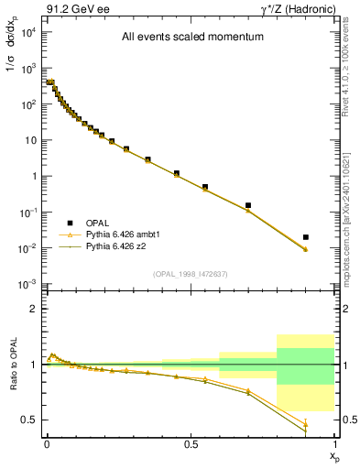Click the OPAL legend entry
pos(99,223)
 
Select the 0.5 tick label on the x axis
pos(191,444)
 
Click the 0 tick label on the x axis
pos(47,444)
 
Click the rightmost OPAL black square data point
pos(306,236)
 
